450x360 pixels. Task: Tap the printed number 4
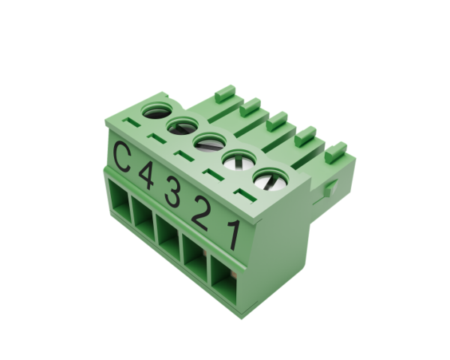[146, 175]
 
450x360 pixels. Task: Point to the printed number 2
[200, 213]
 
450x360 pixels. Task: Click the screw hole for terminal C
[157, 110]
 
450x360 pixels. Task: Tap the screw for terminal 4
[182, 126]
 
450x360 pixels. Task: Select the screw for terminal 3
[209, 142]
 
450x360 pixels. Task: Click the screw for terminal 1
[270, 179]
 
